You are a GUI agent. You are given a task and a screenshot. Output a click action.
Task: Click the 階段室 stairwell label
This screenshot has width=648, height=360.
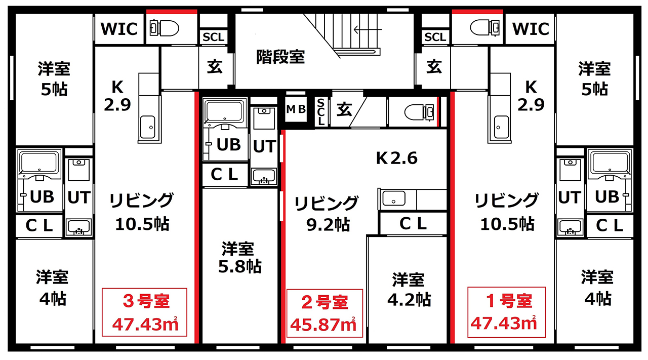pyautogui.click(x=280, y=57)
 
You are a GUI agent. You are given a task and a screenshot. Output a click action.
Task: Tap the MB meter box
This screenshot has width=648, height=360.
pyautogui.click(x=296, y=109)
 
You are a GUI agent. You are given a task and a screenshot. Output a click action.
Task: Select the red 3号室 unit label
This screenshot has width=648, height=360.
pyautogui.click(x=146, y=301)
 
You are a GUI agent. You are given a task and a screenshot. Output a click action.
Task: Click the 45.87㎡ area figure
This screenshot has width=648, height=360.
pyautogui.click(x=322, y=324)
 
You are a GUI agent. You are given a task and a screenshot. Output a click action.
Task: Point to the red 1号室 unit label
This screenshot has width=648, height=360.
pyautogui.click(x=509, y=301)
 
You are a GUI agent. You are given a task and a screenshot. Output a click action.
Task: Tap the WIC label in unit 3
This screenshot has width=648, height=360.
pyautogui.click(x=119, y=29)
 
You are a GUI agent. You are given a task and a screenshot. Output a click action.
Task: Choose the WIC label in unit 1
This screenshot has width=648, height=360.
pyautogui.click(x=531, y=29)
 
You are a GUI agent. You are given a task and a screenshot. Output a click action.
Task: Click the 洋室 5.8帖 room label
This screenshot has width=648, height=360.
pyautogui.click(x=239, y=258)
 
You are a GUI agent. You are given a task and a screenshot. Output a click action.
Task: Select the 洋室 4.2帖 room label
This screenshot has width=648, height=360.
pyautogui.click(x=409, y=290)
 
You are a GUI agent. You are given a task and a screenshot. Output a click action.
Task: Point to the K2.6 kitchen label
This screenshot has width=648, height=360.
pyautogui.click(x=396, y=158)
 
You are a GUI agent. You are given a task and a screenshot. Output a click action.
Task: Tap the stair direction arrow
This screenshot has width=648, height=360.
pyautogui.click(x=368, y=29)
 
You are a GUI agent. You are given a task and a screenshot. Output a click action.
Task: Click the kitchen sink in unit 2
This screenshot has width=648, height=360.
pyautogui.click(x=394, y=198)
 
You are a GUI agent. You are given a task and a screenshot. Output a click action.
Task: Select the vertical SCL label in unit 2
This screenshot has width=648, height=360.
pyautogui.click(x=321, y=112)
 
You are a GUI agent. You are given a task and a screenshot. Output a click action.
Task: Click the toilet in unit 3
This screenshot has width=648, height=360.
pyautogui.click(x=165, y=28)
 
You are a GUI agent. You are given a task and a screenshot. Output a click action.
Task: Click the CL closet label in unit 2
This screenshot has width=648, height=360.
pyautogui.click(x=413, y=223)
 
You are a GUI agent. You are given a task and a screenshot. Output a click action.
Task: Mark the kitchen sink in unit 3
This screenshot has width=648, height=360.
pyautogui.click(x=147, y=127)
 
